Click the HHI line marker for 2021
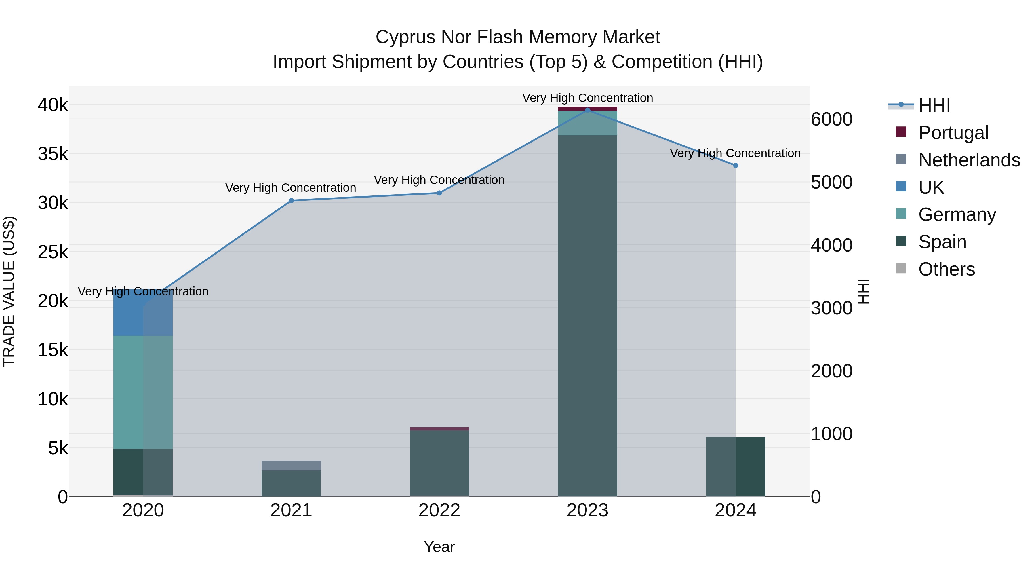pos(291,200)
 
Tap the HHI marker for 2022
pos(439,193)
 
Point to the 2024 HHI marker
pos(736,165)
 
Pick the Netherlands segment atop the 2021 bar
pos(291,466)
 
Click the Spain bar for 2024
pos(751,467)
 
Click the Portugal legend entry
pos(953,133)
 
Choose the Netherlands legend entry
pos(969,160)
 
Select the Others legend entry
pos(946,269)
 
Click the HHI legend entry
pos(934,105)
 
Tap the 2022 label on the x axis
pos(439,510)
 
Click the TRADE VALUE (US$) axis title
pos(9,291)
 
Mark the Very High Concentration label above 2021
pos(290,188)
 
